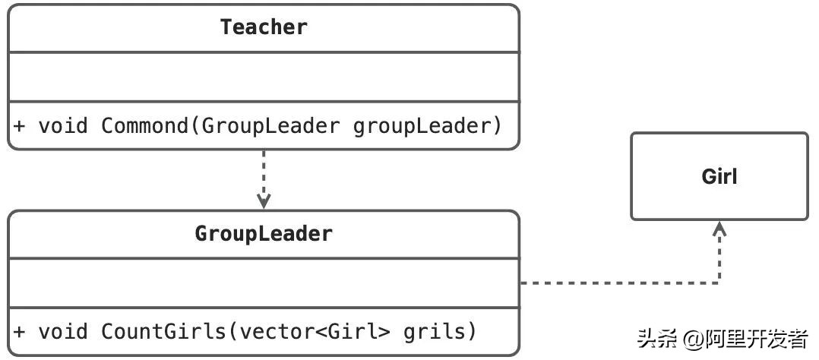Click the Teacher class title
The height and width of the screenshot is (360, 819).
point(264,27)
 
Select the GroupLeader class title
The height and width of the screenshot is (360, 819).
point(264,233)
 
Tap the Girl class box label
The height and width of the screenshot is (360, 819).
point(719,177)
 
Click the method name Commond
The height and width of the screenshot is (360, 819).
point(144,125)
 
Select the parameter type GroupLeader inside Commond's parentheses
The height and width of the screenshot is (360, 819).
point(270,125)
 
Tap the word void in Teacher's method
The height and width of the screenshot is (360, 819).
point(63,125)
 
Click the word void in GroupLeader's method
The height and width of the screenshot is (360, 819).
point(63,331)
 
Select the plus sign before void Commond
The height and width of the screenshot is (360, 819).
point(20,125)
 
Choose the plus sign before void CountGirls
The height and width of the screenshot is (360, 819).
point(20,331)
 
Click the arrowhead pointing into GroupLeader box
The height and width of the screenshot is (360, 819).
point(264,203)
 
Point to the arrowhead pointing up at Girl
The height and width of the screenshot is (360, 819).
point(719,227)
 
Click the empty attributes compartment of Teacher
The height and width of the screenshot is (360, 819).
point(264,77)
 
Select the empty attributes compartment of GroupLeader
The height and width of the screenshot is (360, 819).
point(264,283)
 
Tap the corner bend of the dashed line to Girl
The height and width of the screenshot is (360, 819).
point(719,283)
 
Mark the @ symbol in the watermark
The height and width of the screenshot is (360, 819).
point(694,339)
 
